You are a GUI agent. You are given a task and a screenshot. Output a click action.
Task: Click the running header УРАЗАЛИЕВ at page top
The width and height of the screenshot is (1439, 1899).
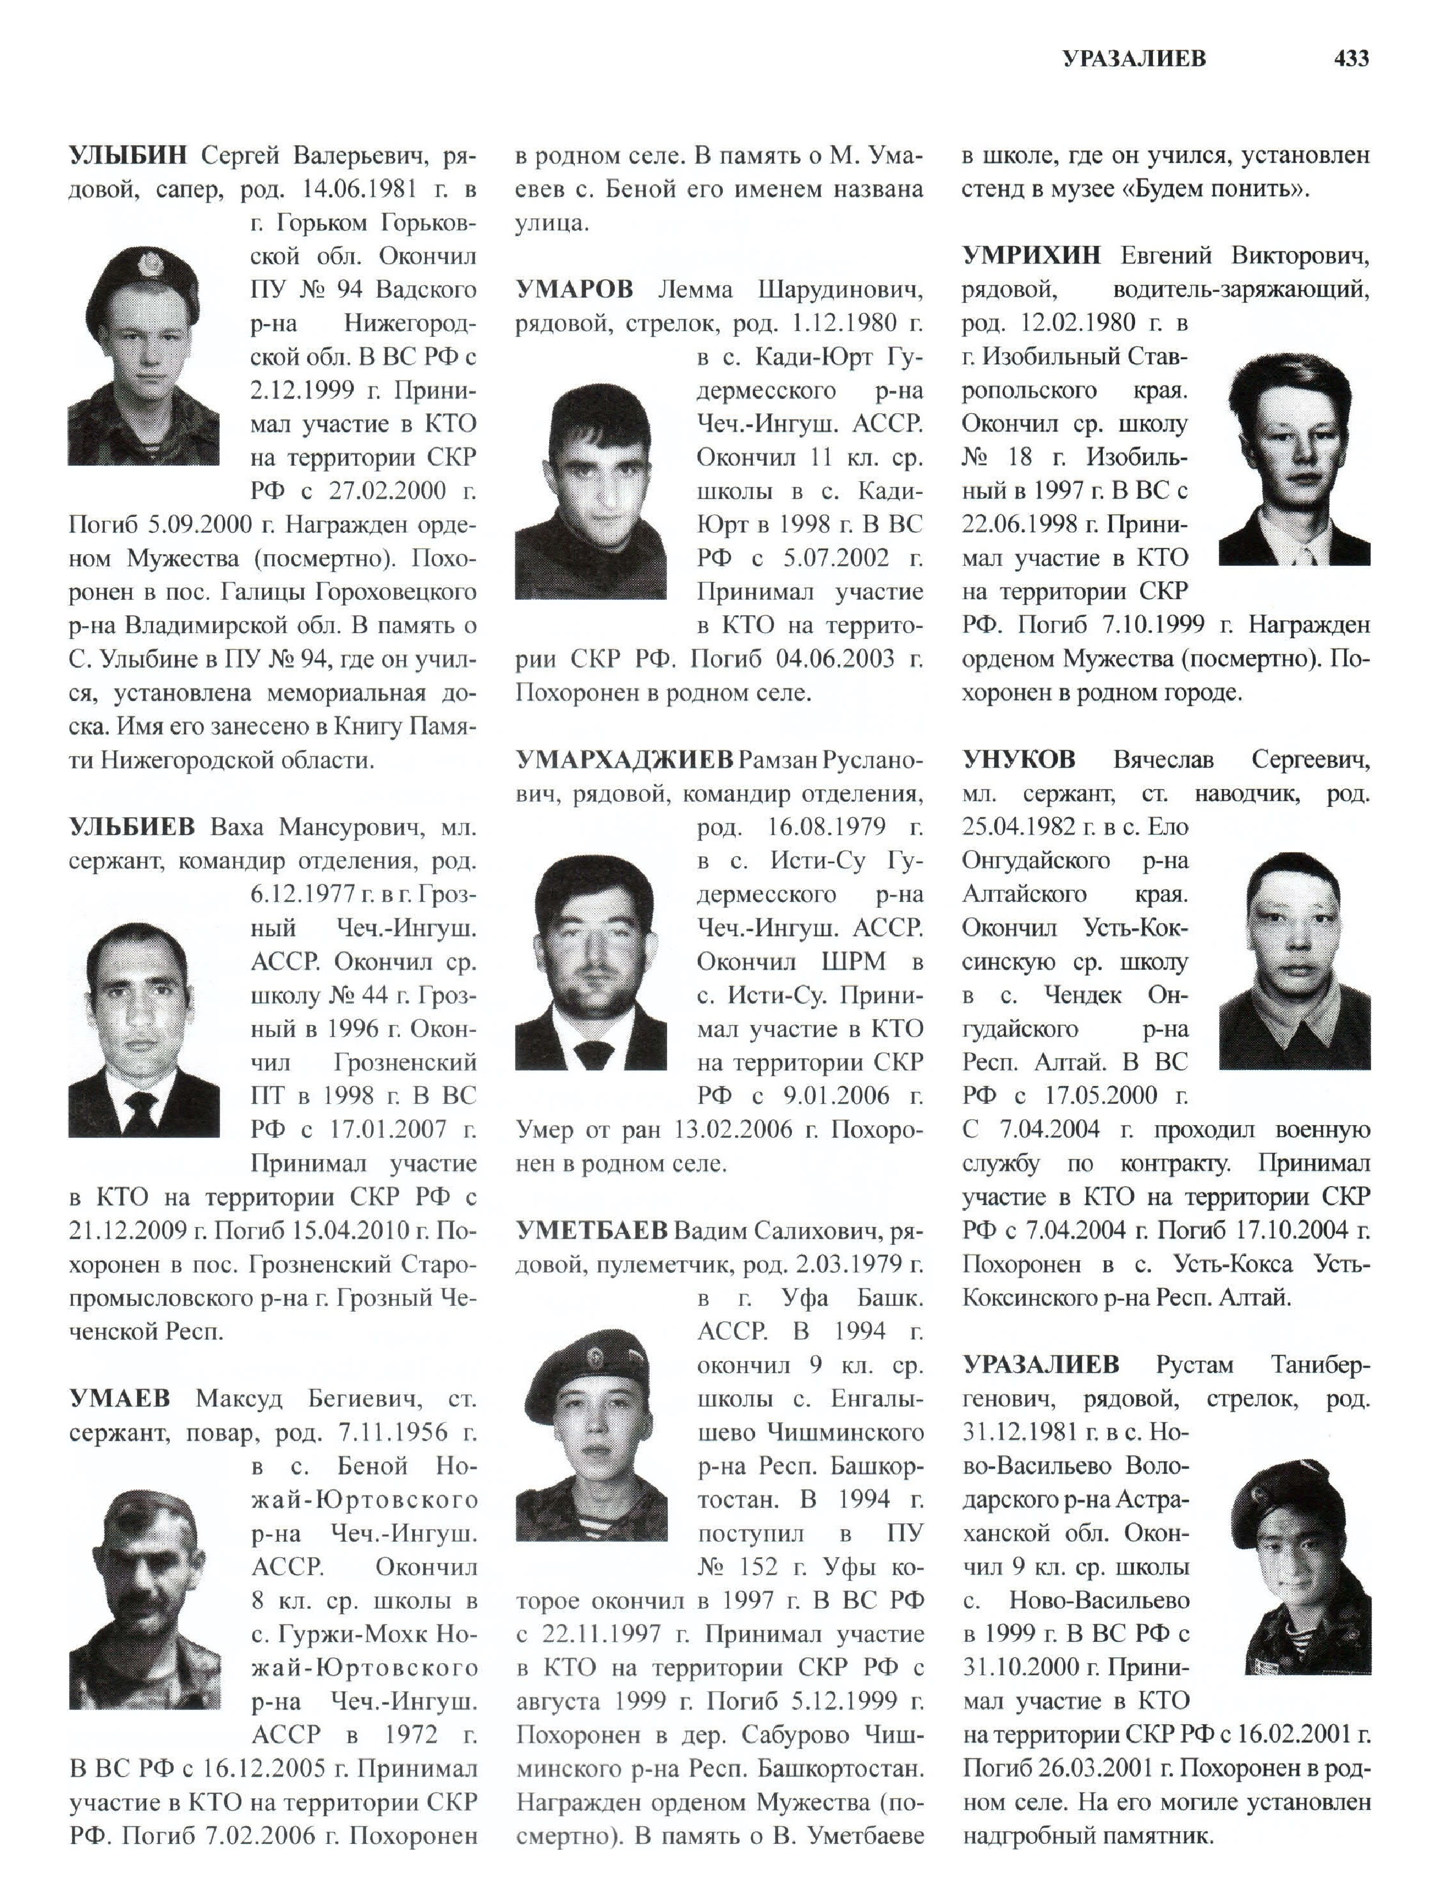click(1134, 58)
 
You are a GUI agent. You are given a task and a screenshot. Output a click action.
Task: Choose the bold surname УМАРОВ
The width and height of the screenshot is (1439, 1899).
click(574, 289)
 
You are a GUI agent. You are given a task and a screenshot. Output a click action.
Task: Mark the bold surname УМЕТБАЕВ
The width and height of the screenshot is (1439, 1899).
click(592, 1230)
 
